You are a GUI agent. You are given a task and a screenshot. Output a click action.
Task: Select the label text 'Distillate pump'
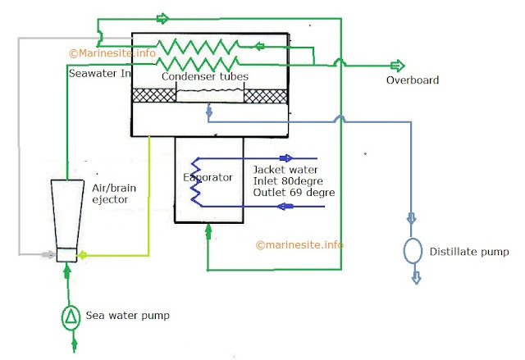[x=469, y=251]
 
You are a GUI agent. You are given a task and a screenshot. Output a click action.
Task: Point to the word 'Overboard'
[x=413, y=80]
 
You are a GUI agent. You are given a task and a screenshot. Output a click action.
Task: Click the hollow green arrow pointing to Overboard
[x=397, y=65]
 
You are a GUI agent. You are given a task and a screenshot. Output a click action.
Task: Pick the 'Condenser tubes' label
[x=204, y=76]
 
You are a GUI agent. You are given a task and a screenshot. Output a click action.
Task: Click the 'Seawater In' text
[x=98, y=73]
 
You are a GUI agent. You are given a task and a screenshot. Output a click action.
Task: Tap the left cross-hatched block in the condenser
[x=154, y=95]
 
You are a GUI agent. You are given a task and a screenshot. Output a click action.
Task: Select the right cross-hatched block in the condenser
[x=265, y=95]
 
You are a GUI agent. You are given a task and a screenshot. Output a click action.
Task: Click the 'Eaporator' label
[x=208, y=176]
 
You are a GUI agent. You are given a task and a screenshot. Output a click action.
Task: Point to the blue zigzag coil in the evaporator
[x=197, y=180]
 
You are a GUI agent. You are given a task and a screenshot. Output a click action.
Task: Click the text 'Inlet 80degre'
[x=290, y=181]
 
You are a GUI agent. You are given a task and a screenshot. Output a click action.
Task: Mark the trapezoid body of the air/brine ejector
[x=66, y=213]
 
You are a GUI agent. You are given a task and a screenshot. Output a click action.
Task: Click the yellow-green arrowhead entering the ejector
[x=83, y=254]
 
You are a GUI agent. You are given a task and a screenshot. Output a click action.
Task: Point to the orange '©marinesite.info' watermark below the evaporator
[x=299, y=244]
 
